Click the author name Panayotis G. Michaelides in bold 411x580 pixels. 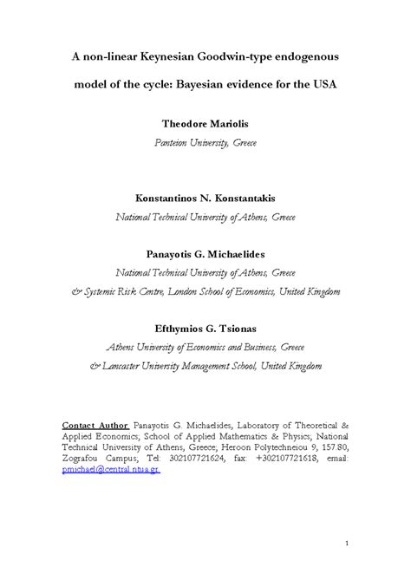(205, 253)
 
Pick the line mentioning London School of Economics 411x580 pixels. (205, 291)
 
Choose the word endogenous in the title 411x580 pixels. (303, 56)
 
